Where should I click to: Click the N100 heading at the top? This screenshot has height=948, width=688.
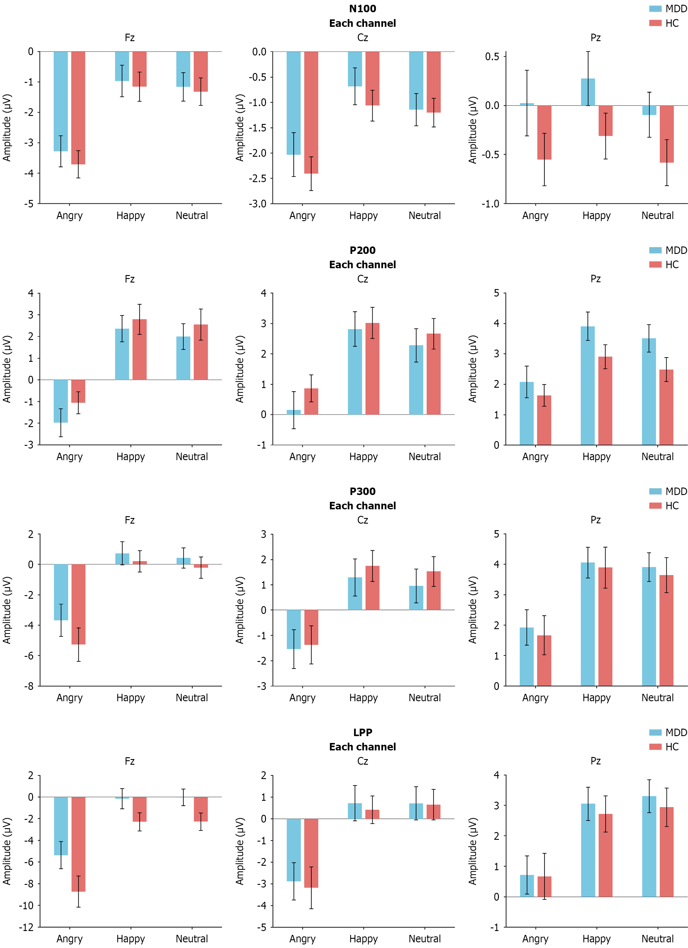(x=362, y=9)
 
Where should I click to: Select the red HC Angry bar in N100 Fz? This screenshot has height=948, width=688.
(x=78, y=108)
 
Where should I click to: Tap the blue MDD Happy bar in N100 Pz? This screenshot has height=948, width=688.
(x=587, y=92)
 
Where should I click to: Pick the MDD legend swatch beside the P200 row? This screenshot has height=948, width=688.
(x=655, y=250)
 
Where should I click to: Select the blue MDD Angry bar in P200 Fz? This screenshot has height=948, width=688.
(x=60, y=401)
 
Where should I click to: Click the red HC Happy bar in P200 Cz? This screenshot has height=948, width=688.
(x=372, y=369)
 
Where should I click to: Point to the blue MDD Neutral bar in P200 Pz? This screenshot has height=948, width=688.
(x=648, y=392)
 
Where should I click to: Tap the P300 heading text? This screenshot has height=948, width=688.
(x=362, y=491)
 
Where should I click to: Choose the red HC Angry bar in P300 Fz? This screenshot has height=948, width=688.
(x=78, y=604)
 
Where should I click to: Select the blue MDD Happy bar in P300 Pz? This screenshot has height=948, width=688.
(x=587, y=624)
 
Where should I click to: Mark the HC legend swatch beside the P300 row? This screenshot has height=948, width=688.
(x=655, y=506)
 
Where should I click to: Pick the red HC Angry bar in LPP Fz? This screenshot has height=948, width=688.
(x=78, y=844)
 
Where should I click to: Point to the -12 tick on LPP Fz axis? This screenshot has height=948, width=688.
(x=26, y=927)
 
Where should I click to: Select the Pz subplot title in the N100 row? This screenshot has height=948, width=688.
(x=595, y=38)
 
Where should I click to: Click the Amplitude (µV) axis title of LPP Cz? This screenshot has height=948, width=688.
(x=239, y=851)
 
